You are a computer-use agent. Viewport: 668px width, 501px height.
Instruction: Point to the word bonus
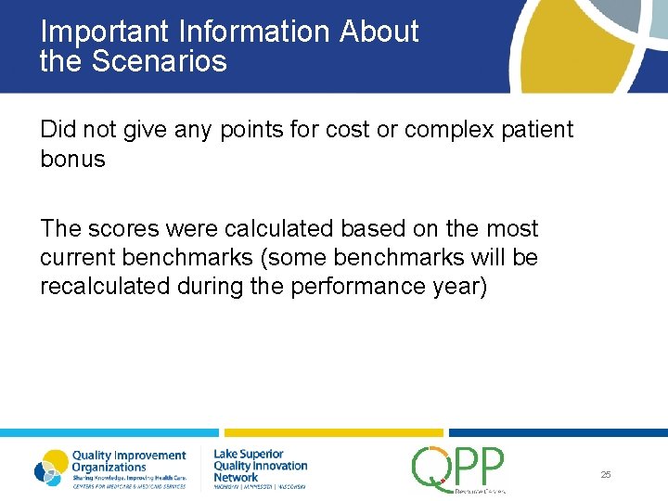(x=72, y=159)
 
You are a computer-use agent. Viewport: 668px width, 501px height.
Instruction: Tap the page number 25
(x=606, y=474)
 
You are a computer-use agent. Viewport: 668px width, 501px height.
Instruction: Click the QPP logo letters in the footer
(x=458, y=466)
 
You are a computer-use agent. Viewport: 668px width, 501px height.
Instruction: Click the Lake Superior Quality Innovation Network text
(x=260, y=466)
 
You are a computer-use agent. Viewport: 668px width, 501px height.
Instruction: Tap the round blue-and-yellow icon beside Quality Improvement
(x=51, y=468)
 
